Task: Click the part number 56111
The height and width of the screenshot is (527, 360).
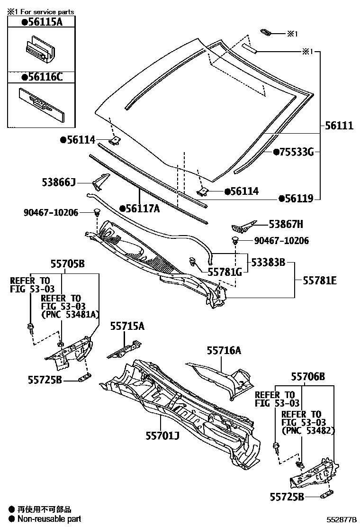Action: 339,126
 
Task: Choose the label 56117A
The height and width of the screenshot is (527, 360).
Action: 142,208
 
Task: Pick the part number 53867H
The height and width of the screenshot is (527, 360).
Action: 286,224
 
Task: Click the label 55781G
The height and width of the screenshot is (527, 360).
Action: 225,272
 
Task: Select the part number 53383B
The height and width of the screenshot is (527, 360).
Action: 268,262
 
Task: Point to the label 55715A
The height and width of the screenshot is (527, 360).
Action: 127,326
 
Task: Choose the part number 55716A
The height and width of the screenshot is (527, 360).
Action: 224,351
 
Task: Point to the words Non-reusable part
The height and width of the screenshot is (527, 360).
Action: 49,519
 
